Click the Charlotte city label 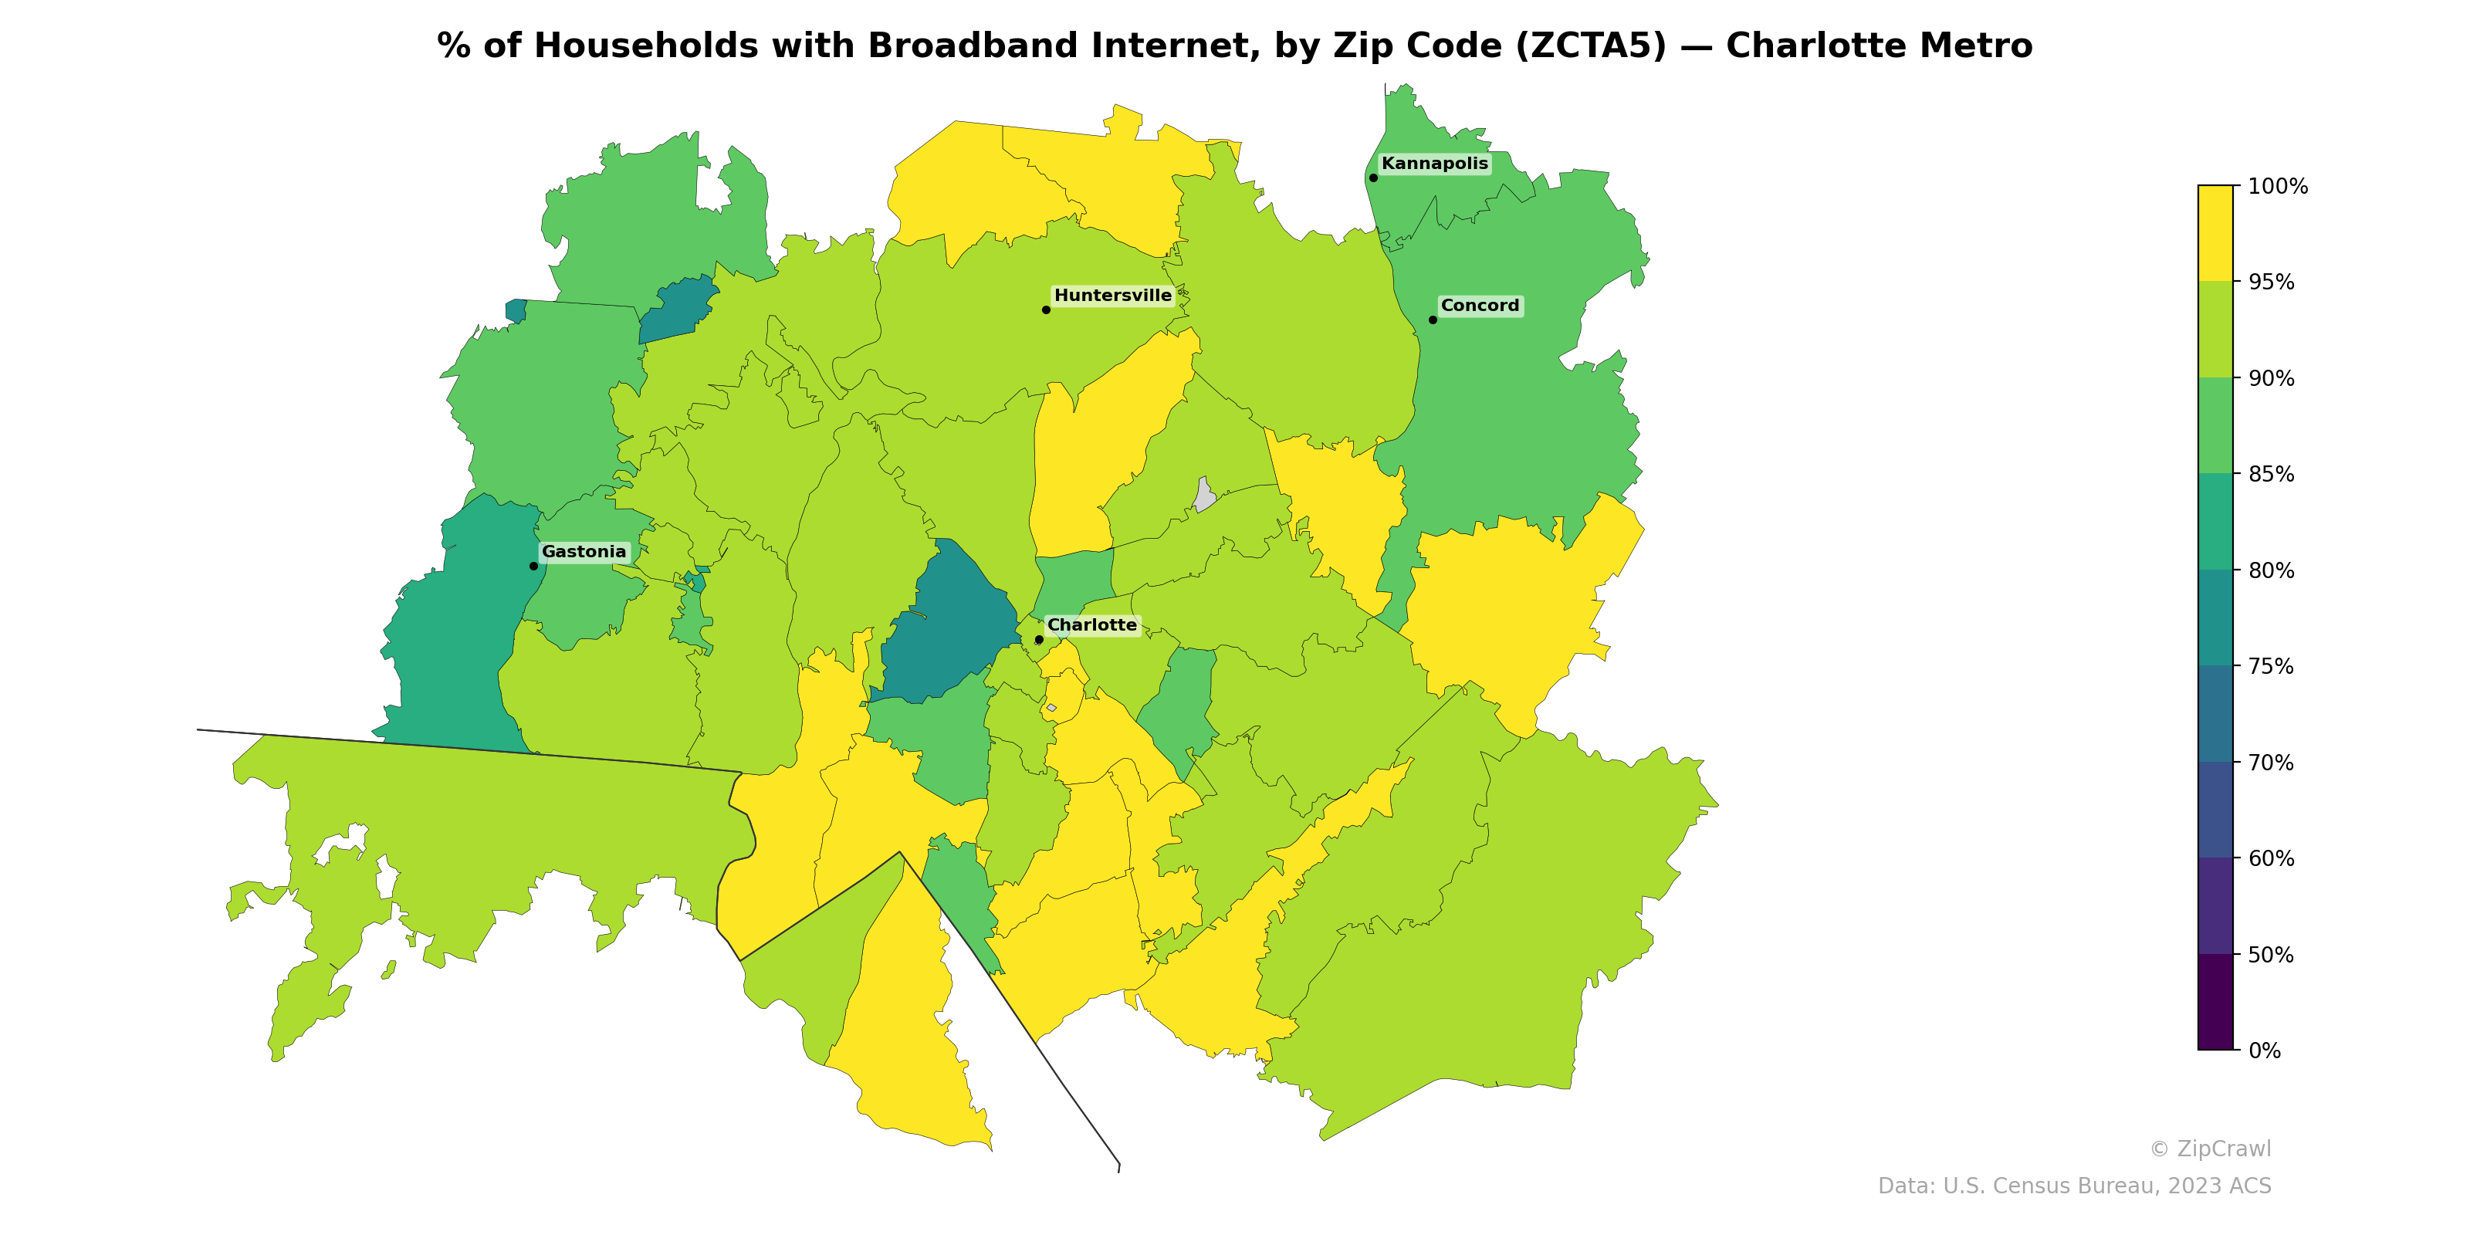tap(1091, 625)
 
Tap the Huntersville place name tap(1112, 296)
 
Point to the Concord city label tap(1480, 306)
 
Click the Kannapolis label tap(1434, 164)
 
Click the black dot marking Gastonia tap(534, 566)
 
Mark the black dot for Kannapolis tap(1373, 178)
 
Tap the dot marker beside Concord tap(1433, 320)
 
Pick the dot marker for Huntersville tap(1046, 310)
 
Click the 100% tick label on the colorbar tap(2277, 187)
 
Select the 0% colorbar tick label tap(2264, 1051)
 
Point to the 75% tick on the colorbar tap(2271, 666)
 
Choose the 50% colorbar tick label tap(2271, 955)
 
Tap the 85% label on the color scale tap(2271, 475)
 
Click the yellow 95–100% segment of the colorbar tap(2215, 233)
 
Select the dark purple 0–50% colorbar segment tap(2215, 1002)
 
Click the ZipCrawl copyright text tap(2210, 1149)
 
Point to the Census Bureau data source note tap(2074, 1186)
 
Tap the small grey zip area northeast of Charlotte tap(1204, 496)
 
